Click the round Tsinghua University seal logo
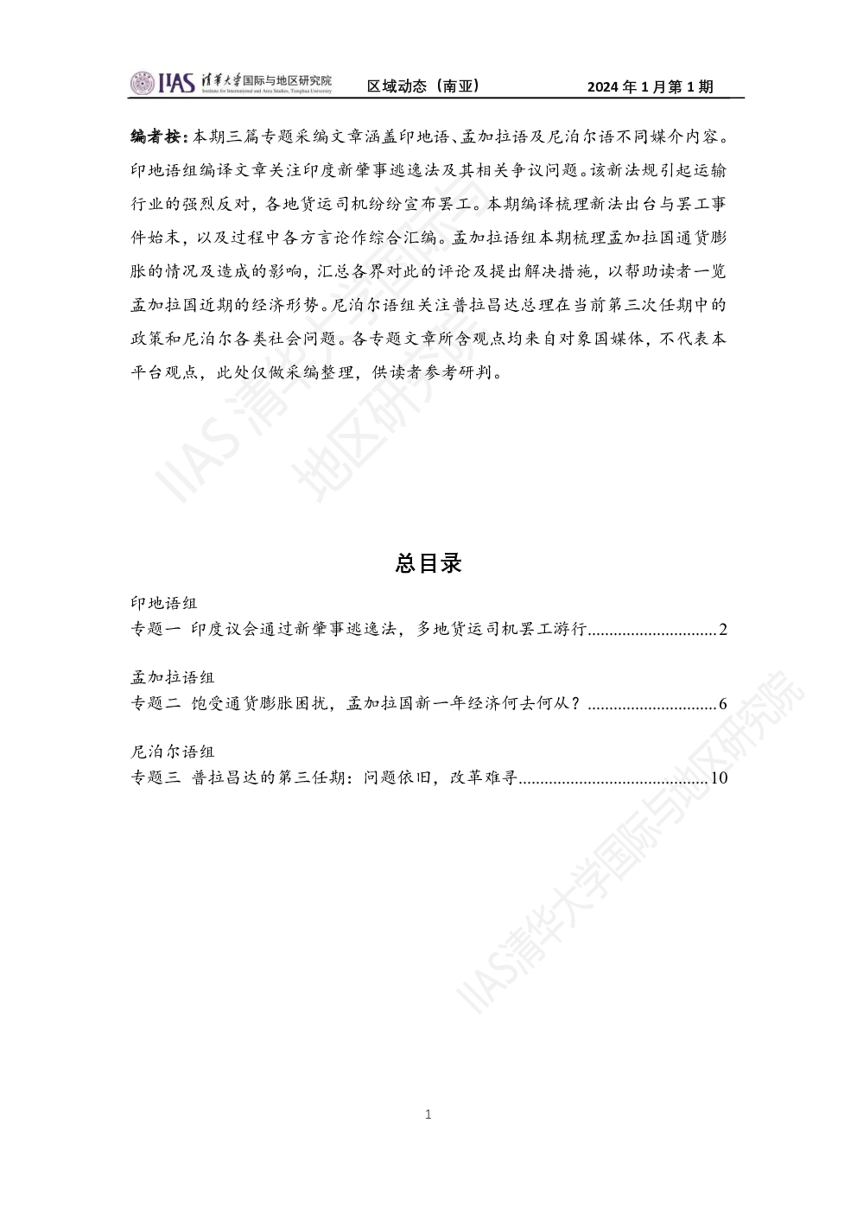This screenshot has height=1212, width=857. tap(143, 83)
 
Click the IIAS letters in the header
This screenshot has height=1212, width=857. tap(176, 83)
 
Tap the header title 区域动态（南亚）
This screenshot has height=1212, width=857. tap(422, 86)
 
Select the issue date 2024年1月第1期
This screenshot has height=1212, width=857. tap(651, 86)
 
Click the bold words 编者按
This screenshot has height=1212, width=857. tap(155, 136)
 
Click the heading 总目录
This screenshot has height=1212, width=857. tap(428, 563)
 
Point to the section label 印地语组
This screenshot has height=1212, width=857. tap(164, 603)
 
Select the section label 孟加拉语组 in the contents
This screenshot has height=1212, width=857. tap(173, 677)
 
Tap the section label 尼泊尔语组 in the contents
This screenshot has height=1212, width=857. tap(173, 752)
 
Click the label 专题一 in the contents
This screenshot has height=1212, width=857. tap(156, 629)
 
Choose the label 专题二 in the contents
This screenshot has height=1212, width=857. tap(156, 703)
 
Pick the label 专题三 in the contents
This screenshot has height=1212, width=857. tap(156, 777)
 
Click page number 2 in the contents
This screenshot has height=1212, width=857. tap(723, 629)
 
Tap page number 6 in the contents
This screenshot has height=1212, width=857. tap(723, 704)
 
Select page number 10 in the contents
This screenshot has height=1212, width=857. tap(719, 778)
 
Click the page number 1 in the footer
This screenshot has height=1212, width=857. tap(428, 1114)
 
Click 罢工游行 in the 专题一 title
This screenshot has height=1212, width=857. tap(553, 629)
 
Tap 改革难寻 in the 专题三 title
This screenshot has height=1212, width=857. tap(484, 777)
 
